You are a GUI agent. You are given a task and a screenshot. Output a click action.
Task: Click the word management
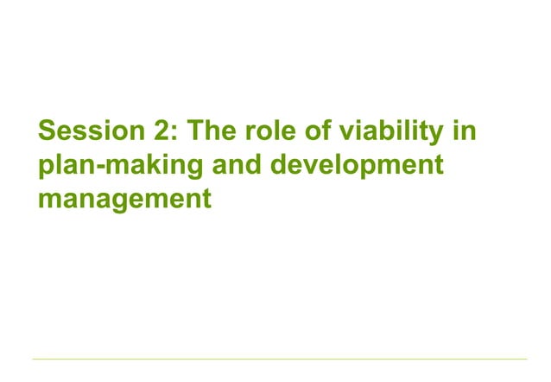pyautogui.click(x=124, y=199)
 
